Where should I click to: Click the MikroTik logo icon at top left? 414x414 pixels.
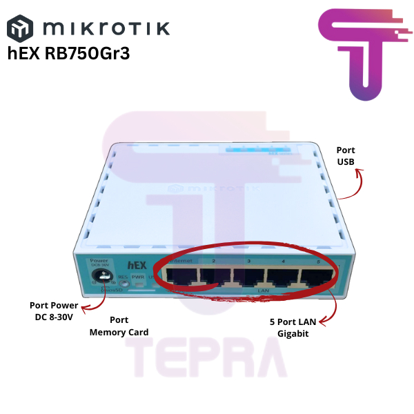20,30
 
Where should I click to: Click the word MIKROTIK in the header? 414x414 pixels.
105,29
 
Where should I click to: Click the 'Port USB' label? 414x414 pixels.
345,156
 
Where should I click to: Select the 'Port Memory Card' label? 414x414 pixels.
119,326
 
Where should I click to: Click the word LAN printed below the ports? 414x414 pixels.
262,291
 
